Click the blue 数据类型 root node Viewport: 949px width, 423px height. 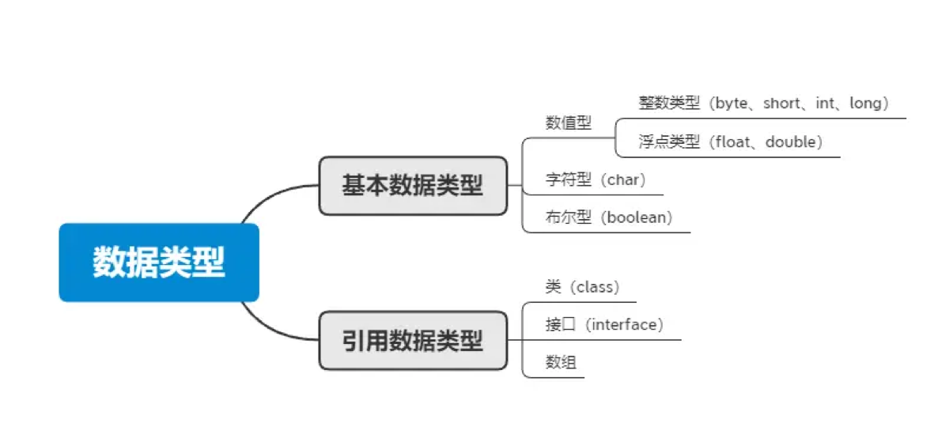click(159, 262)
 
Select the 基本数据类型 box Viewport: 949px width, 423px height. click(413, 186)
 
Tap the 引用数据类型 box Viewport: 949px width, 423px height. click(413, 341)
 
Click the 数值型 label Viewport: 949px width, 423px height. click(568, 123)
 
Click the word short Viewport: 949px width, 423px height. click(782, 104)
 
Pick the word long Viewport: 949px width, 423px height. click(865, 104)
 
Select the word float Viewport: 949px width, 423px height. click(732, 142)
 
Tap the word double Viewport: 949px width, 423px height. click(791, 142)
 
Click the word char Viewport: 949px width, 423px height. click(623, 180)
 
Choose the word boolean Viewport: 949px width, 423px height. click(637, 217)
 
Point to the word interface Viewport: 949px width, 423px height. click(624, 325)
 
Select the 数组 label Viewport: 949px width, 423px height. click(561, 362)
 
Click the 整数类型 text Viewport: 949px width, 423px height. click(669, 104)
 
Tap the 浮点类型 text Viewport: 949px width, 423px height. click(669, 142)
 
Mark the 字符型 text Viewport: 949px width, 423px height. click(568, 180)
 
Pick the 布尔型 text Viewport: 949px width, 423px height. click(568, 217)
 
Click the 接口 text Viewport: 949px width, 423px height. click(561, 325)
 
